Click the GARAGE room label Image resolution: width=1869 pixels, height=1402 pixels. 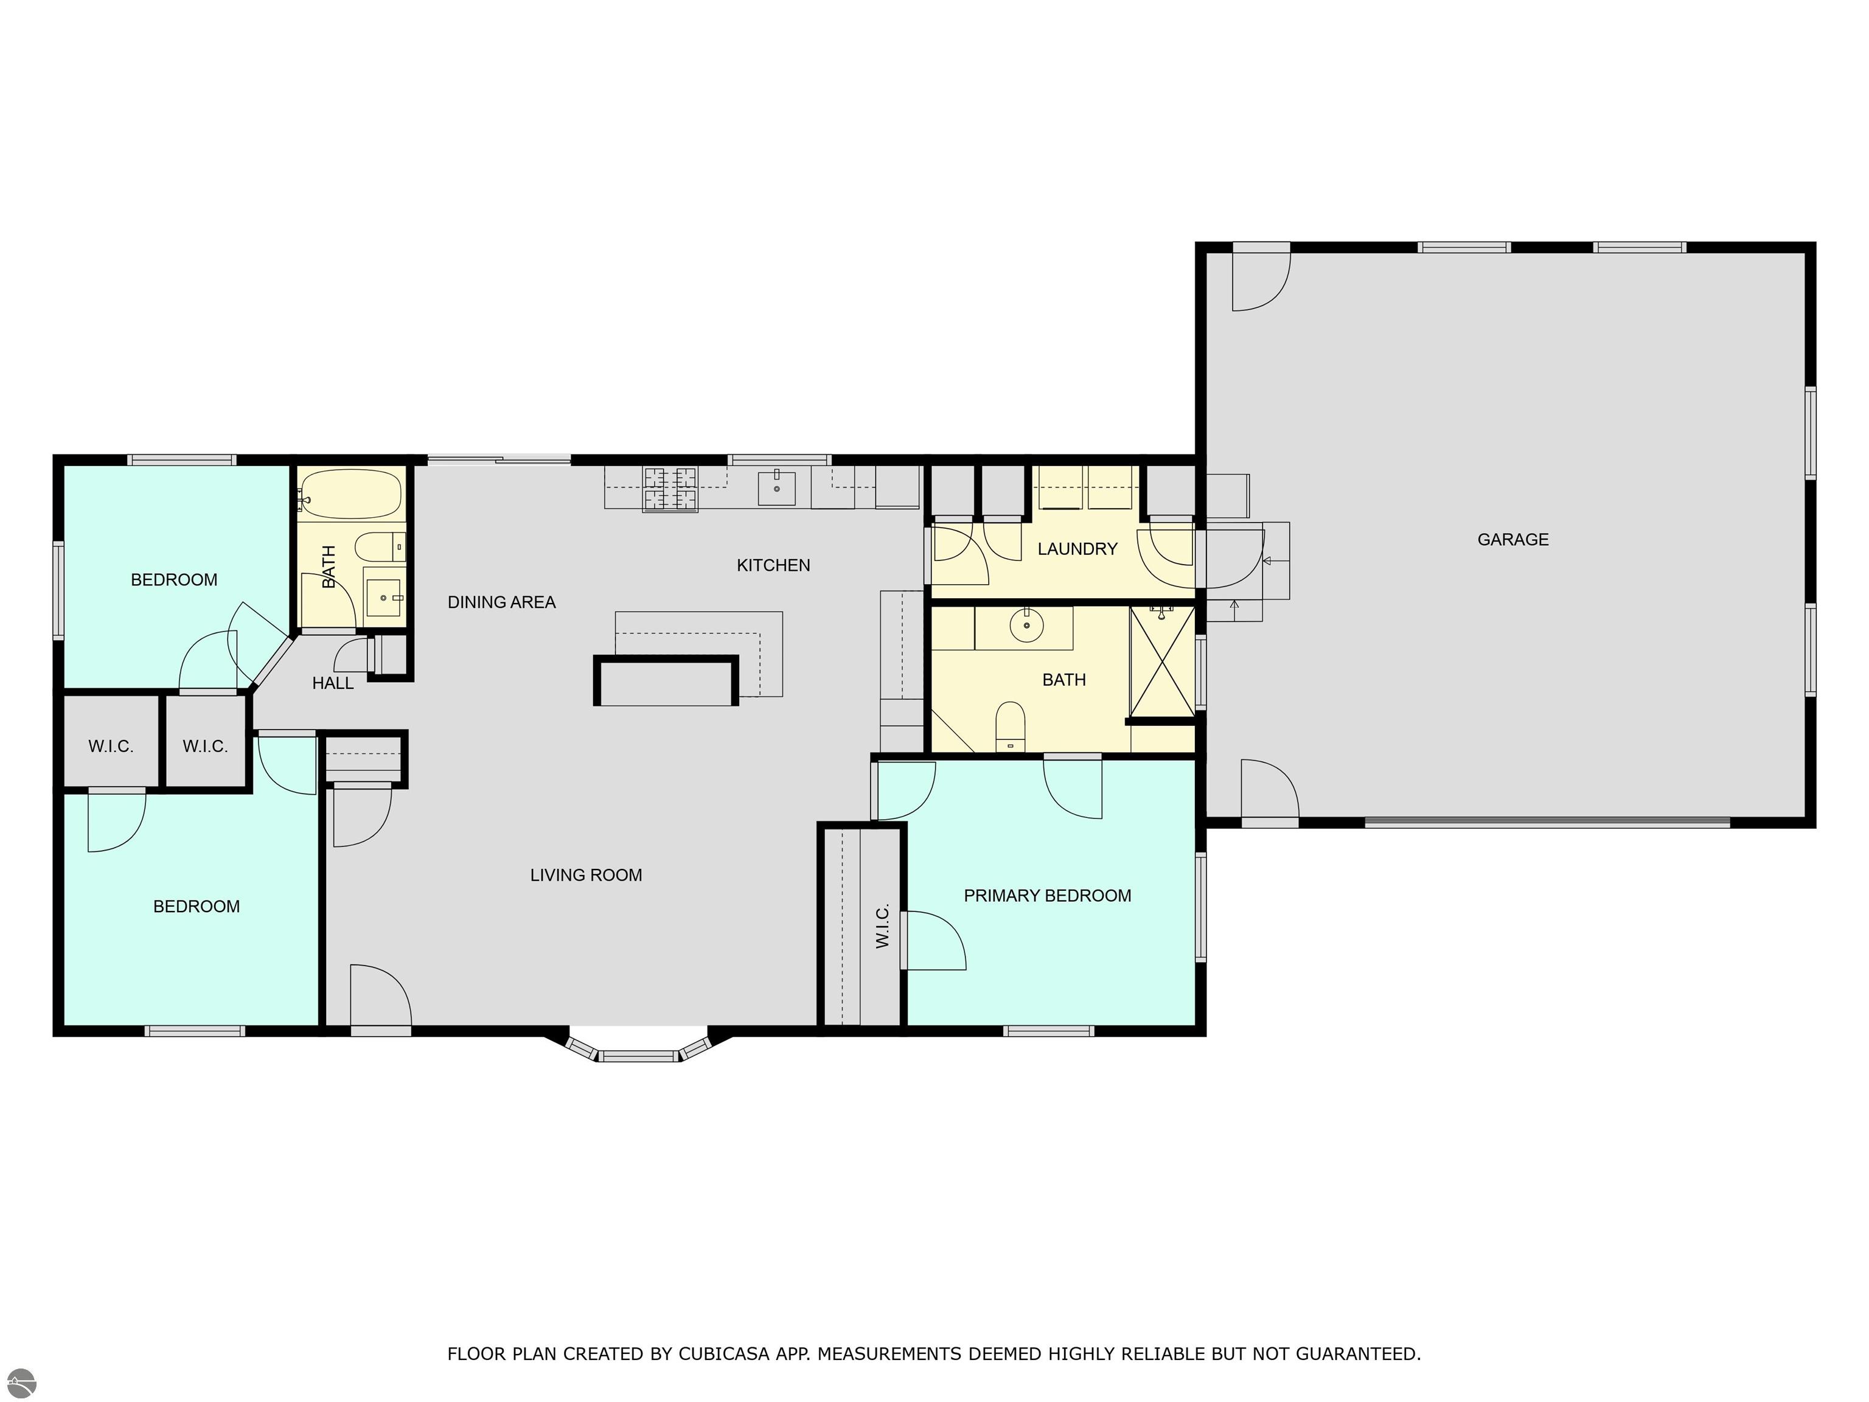coord(1512,539)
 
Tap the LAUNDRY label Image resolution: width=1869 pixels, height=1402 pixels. coord(1077,549)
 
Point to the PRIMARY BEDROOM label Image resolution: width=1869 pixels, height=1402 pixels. coord(1047,896)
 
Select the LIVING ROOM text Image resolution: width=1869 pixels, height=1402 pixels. coord(585,876)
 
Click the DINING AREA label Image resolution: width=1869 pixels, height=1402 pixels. coord(501,602)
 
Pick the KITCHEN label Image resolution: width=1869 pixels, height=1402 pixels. coord(773,565)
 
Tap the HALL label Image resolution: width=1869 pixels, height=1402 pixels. coord(333,683)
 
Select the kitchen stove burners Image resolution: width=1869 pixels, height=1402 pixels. coord(671,489)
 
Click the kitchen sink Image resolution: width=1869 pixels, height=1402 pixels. coord(776,487)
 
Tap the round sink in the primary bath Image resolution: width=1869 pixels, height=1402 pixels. coord(1026,626)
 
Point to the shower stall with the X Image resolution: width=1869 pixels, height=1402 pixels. coord(1162,661)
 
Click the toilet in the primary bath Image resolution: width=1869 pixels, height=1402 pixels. coord(1010,726)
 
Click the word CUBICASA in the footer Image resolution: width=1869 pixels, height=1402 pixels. coord(723,1354)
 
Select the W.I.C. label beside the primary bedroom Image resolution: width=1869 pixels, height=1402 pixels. coord(882,926)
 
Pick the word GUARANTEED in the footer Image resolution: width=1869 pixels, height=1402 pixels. coord(1358,1354)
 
